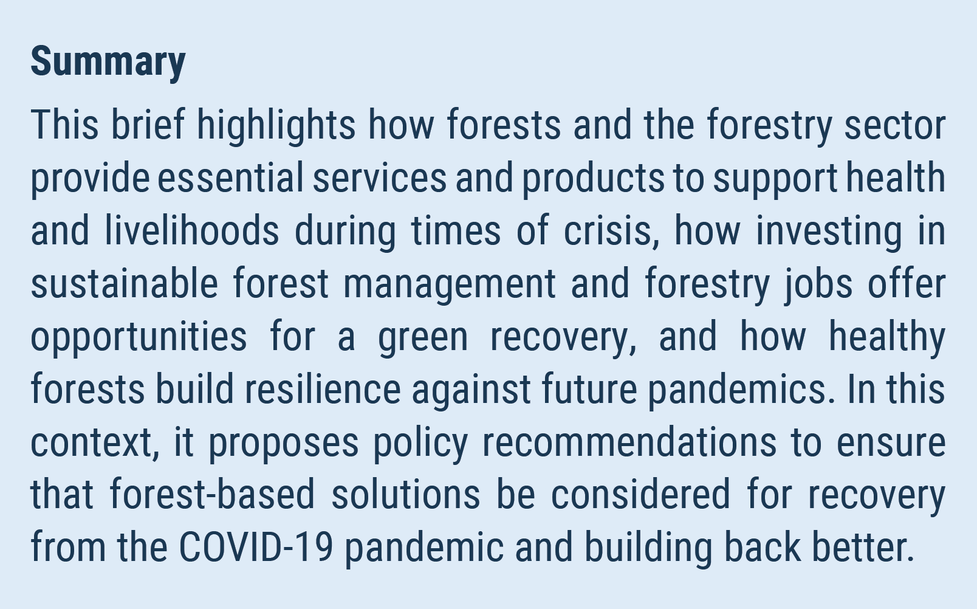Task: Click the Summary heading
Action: click(108, 63)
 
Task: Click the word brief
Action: click(148, 125)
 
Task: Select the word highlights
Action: click(276, 126)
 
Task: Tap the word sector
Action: click(895, 126)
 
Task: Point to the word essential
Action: click(230, 177)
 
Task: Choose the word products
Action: click(593, 179)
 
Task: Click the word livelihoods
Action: click(192, 230)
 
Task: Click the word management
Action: click(450, 285)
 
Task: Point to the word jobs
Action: click(818, 285)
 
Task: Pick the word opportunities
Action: click(139, 338)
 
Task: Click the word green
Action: click(423, 340)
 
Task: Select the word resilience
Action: click(323, 388)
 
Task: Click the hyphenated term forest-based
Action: click(212, 494)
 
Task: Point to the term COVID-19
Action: click(256, 546)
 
